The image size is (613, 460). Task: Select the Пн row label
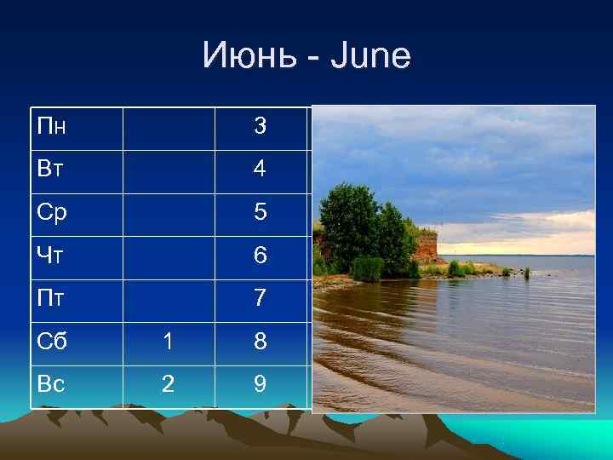coord(52,127)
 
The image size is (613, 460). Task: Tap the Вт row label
coord(51,169)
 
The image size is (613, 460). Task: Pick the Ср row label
coord(52,213)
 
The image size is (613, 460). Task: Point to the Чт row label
coord(51,256)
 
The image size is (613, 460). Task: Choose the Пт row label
coord(51,298)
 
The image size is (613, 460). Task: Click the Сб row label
coord(52,342)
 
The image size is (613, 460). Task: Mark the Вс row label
coord(51,384)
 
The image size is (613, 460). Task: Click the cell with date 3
coord(260,127)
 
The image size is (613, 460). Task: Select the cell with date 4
coord(260,170)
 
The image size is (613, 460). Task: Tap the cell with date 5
coord(260,213)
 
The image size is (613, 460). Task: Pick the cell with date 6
coord(260,256)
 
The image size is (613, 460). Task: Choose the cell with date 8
coord(260,342)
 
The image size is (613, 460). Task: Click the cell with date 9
coord(260,385)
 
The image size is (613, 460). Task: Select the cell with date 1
coord(169,342)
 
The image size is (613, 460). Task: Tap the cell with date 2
coord(169,385)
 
